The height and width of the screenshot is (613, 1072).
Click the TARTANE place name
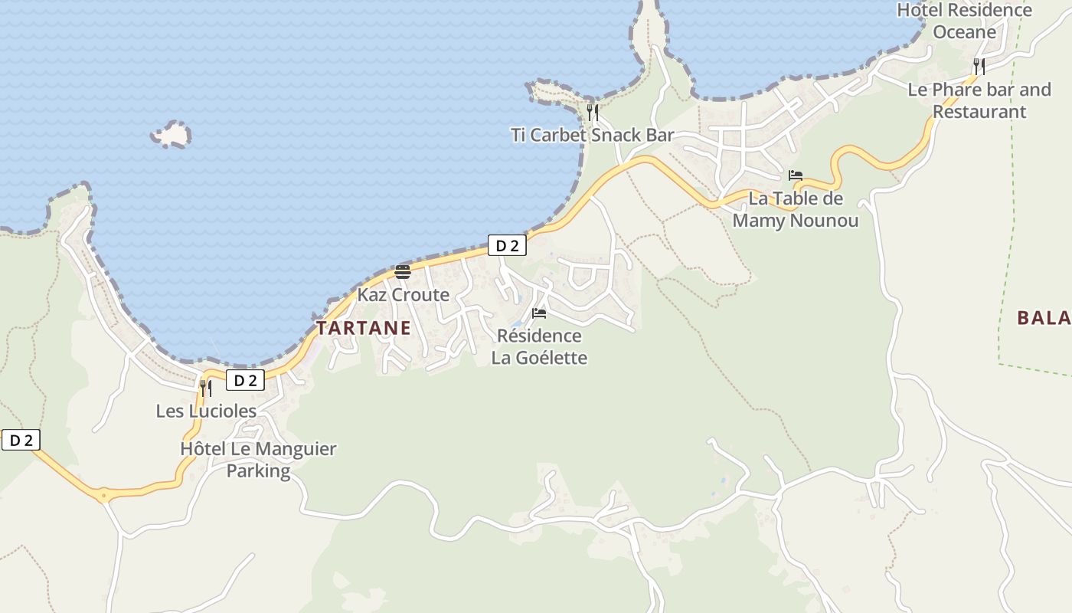364,328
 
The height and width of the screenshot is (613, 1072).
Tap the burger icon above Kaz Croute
403,271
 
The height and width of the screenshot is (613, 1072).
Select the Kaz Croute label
404,295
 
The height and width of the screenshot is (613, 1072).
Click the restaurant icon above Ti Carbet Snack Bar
593,113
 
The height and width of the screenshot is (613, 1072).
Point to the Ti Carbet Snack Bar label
593,136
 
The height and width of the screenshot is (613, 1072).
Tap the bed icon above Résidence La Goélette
539,313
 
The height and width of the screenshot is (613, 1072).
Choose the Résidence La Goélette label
539,346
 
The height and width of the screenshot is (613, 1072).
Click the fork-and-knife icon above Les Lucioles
205,388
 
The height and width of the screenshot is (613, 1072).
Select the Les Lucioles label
206,411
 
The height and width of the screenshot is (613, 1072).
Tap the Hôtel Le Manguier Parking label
258,460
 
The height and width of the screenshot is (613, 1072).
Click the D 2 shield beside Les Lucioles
245,380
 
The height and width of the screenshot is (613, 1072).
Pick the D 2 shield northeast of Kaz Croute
507,245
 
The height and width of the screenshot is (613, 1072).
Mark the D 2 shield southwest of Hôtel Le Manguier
20,440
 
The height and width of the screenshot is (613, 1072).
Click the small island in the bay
172,135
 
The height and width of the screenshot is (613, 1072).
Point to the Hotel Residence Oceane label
964,21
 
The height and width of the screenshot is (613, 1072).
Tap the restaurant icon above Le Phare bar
979,67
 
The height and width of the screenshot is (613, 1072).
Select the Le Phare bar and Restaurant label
979,100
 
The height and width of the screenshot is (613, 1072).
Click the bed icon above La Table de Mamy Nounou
796,175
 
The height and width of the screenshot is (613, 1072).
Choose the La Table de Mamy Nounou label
796,209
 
